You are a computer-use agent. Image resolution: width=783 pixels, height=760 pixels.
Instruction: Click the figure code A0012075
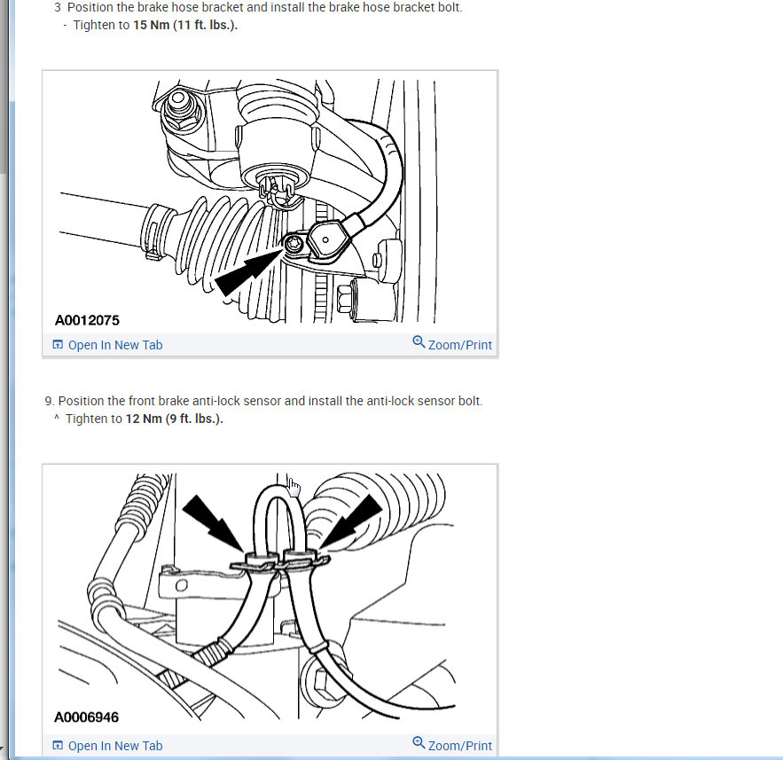[87, 320]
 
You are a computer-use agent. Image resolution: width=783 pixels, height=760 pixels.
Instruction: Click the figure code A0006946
[86, 717]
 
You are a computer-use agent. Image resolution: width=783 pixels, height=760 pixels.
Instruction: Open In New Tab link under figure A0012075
[115, 345]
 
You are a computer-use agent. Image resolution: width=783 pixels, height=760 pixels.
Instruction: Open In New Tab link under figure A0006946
[115, 746]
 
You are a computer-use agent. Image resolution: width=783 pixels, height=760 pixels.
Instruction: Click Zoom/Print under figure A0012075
[460, 345]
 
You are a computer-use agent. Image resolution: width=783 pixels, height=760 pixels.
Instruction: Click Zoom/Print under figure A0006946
[460, 746]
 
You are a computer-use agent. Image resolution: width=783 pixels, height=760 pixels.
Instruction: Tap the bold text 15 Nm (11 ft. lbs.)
[185, 25]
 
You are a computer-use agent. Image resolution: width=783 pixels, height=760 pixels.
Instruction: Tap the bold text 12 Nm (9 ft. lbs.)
[174, 419]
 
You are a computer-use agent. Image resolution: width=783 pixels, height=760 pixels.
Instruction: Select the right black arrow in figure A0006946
[350, 521]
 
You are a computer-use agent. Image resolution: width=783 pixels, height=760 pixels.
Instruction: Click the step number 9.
[49, 401]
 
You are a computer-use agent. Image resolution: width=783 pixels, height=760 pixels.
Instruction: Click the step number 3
[58, 7]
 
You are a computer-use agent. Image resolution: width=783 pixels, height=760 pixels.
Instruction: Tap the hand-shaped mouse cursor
[294, 487]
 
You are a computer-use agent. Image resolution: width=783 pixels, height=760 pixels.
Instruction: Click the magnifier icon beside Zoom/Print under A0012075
[419, 342]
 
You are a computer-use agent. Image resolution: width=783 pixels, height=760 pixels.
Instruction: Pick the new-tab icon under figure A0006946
[58, 746]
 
